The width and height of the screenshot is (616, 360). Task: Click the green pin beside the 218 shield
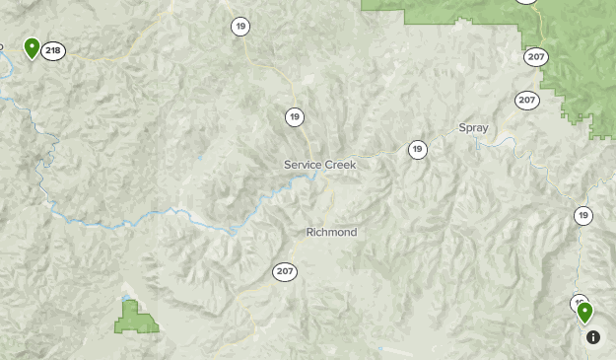(32, 47)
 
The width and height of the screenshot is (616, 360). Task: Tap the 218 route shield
(53, 50)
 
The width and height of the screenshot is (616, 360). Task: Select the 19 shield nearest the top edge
(240, 27)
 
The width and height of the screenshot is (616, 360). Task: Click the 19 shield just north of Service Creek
(295, 117)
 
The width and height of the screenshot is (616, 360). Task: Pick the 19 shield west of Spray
(418, 150)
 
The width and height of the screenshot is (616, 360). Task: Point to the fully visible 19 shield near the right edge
(583, 215)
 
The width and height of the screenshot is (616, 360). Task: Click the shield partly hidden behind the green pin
(578, 302)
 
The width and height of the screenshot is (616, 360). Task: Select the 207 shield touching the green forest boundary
(536, 56)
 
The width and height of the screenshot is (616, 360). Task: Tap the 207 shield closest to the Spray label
(527, 101)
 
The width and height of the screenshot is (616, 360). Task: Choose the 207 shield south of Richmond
(285, 271)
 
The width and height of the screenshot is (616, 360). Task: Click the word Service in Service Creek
(303, 165)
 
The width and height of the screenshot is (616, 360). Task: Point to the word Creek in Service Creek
(340, 165)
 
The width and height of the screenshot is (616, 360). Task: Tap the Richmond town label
(331, 233)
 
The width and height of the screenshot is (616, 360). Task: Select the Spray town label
(473, 128)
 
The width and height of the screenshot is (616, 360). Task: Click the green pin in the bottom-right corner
(585, 313)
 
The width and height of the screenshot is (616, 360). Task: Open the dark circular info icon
(593, 337)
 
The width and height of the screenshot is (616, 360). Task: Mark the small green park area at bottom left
(136, 319)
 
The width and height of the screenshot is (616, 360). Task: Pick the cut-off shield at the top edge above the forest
(527, 3)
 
